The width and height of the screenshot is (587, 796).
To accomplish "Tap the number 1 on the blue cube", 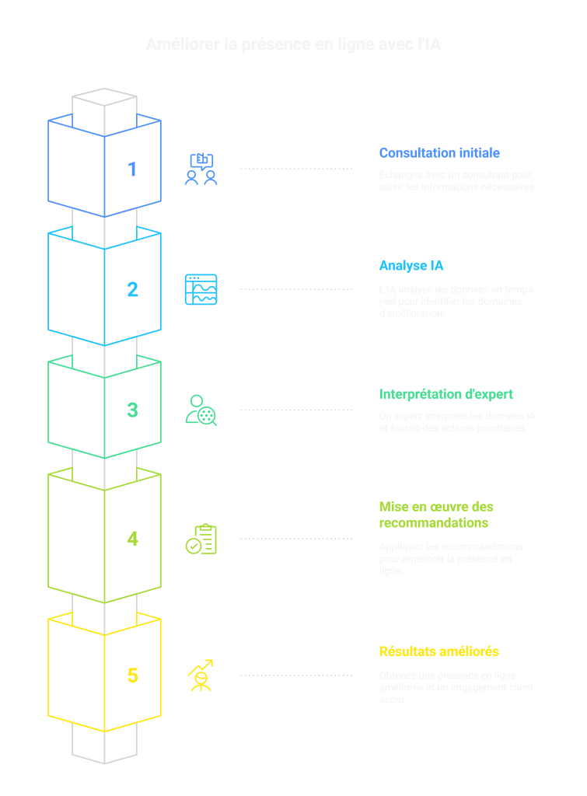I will (x=132, y=169).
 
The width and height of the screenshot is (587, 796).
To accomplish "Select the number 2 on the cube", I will (x=132, y=289).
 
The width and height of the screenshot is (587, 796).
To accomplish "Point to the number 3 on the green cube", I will (x=132, y=410).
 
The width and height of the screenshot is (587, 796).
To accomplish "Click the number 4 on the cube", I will (x=132, y=538).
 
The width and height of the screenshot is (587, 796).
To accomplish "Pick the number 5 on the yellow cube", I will (x=132, y=676).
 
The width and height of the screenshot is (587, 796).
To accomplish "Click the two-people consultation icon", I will (x=201, y=169).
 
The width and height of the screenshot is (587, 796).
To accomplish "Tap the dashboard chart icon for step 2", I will (x=201, y=289).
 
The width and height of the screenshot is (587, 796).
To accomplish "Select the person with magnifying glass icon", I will (x=201, y=410).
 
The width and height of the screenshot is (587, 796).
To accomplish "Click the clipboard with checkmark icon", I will (x=201, y=539).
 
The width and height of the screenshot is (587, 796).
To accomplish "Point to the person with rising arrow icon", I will (x=201, y=676).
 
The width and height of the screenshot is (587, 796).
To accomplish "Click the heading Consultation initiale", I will (x=439, y=153).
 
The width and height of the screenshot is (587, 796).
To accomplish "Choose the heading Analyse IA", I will (x=411, y=266).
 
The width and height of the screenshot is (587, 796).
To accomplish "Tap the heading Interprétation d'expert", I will (x=445, y=394).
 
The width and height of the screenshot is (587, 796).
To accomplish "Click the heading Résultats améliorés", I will (x=439, y=651).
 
